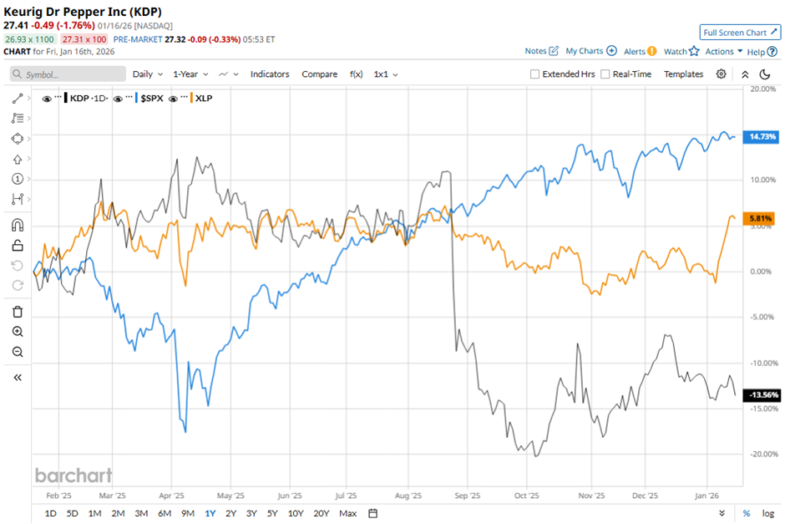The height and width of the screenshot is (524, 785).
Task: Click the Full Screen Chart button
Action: tap(740, 33)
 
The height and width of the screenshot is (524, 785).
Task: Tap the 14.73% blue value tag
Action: tap(760, 136)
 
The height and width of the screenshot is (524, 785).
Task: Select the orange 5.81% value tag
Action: tap(760, 218)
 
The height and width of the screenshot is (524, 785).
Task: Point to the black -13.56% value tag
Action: tap(760, 394)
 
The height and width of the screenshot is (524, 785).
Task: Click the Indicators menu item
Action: tap(270, 74)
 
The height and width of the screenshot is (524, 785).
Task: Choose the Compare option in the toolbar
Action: tap(319, 74)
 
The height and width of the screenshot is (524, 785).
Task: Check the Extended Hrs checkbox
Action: tap(535, 74)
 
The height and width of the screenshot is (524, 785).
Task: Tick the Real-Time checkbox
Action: tap(605, 74)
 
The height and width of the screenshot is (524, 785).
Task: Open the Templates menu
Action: tap(683, 74)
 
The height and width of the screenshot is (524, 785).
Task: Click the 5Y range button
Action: tap(272, 513)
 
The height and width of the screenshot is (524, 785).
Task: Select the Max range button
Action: tap(348, 513)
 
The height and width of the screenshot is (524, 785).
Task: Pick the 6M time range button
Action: tap(165, 513)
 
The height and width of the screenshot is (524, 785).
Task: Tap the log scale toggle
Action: tap(768, 513)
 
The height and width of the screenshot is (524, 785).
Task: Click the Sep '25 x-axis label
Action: tap(466, 494)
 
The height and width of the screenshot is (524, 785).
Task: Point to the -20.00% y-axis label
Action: tap(760, 455)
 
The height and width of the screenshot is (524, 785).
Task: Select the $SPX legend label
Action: tap(151, 99)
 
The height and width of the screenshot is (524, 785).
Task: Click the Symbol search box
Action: tap(68, 74)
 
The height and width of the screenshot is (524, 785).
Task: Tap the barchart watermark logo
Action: tap(73, 476)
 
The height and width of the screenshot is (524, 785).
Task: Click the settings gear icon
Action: tap(722, 74)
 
